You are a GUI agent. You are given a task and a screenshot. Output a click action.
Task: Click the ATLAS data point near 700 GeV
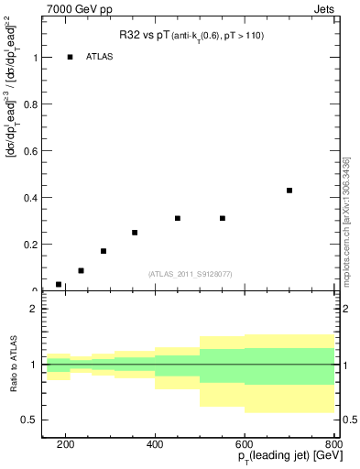click(289, 191)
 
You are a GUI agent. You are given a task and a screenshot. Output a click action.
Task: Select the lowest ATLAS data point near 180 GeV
click(59, 285)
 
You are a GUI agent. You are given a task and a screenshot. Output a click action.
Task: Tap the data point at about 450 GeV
click(178, 218)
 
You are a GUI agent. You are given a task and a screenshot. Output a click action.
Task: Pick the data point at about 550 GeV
click(223, 218)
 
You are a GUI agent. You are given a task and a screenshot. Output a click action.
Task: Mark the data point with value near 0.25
click(135, 233)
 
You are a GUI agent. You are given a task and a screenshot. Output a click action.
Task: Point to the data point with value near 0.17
click(104, 251)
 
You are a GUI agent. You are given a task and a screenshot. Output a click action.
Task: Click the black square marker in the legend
click(70, 57)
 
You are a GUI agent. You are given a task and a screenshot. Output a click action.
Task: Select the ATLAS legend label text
click(100, 57)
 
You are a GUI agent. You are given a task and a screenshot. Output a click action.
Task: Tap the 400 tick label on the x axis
click(155, 444)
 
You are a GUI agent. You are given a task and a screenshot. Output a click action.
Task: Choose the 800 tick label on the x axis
click(333, 444)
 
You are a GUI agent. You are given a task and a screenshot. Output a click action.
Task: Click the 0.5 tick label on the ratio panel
click(29, 420)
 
